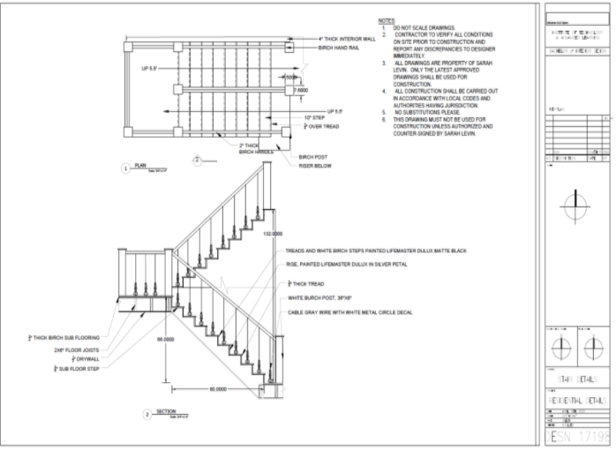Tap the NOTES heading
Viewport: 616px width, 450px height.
pos(387,20)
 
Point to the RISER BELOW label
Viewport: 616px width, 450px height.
pos(314,165)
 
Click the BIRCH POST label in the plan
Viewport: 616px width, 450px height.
pos(313,157)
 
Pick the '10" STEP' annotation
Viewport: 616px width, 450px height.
pos(312,117)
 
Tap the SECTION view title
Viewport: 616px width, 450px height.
pos(166,411)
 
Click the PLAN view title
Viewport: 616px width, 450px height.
pos(140,164)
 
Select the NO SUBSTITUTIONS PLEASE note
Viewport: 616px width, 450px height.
pos(432,113)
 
